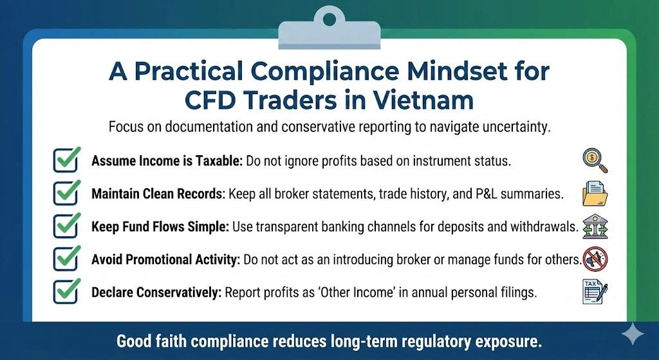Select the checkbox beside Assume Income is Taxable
point(66,160)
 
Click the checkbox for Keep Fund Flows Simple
point(66,226)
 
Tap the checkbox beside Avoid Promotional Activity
point(66,259)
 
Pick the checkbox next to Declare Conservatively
point(66,291)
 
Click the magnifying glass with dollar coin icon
point(594,160)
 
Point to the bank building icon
point(594,227)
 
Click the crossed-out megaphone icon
point(594,259)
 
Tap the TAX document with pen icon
point(594,292)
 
